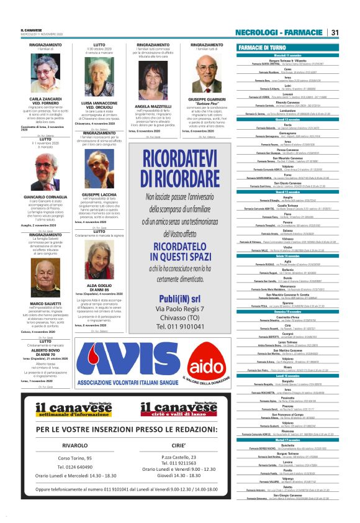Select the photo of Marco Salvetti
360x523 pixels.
point(45,281)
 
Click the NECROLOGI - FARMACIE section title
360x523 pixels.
point(281,32)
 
